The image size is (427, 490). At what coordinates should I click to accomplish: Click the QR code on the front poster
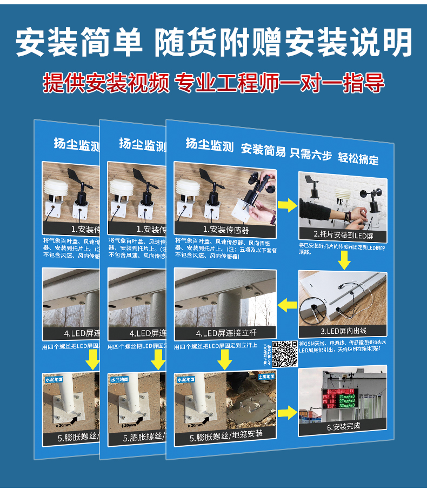click(x=284, y=354)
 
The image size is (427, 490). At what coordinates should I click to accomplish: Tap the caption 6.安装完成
click(x=343, y=426)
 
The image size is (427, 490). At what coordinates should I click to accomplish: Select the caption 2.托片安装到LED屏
click(x=343, y=235)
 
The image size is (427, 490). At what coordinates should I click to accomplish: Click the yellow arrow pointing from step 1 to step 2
click(x=287, y=205)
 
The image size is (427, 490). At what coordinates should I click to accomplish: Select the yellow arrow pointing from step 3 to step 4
click(x=287, y=305)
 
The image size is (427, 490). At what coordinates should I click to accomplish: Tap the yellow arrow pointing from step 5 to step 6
click(x=288, y=414)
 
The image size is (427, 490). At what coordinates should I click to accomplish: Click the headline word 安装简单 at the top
click(x=79, y=42)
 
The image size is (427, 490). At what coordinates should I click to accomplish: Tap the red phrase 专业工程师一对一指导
click(x=280, y=84)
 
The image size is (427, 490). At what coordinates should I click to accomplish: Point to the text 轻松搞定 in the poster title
click(x=358, y=158)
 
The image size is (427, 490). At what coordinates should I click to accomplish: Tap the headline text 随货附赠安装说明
click(x=283, y=42)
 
